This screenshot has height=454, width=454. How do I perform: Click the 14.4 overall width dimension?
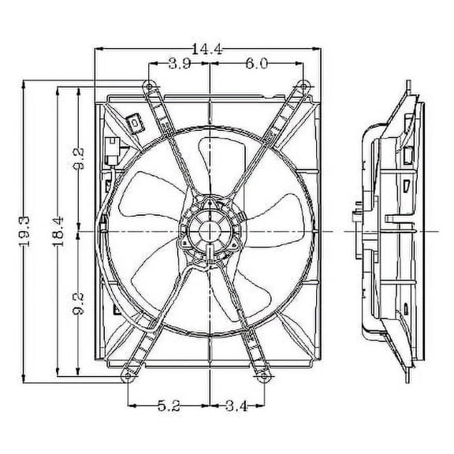210,49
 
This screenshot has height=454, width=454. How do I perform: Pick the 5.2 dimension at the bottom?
169,408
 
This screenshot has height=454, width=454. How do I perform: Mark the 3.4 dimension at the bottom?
236,408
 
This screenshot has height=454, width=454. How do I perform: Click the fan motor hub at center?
210,229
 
